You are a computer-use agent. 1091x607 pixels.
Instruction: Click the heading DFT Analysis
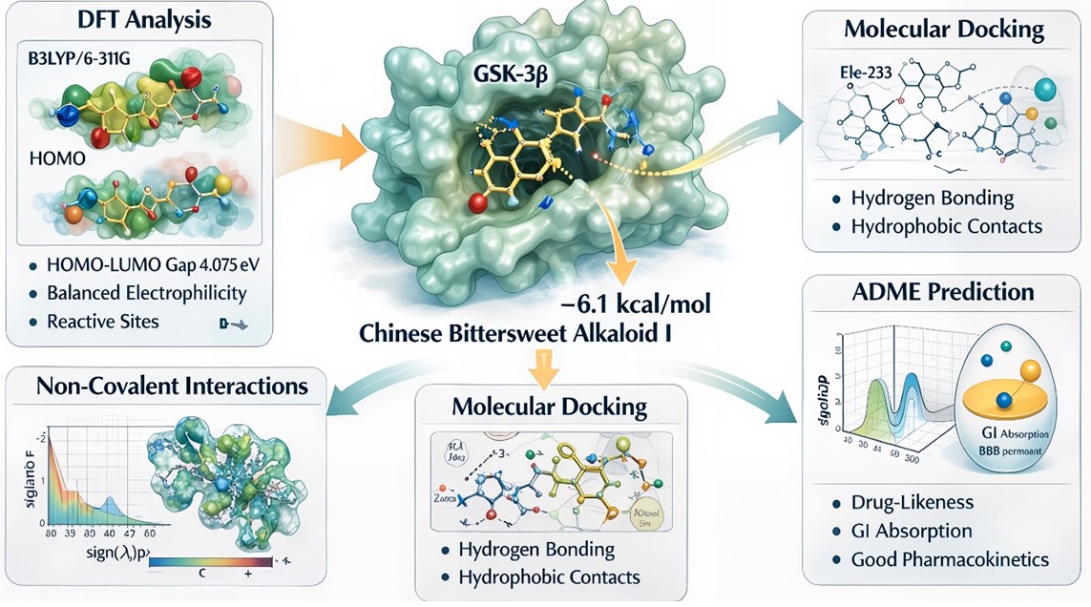tap(139, 20)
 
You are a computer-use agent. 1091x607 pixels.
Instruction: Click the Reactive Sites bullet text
tap(102, 322)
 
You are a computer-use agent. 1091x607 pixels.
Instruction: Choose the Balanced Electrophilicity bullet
tap(146, 293)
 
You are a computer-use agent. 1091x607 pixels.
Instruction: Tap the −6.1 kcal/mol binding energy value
tap(631, 306)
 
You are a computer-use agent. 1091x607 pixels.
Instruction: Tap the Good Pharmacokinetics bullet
tap(950, 559)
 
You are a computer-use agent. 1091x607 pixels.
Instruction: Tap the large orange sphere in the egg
tap(1027, 370)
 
